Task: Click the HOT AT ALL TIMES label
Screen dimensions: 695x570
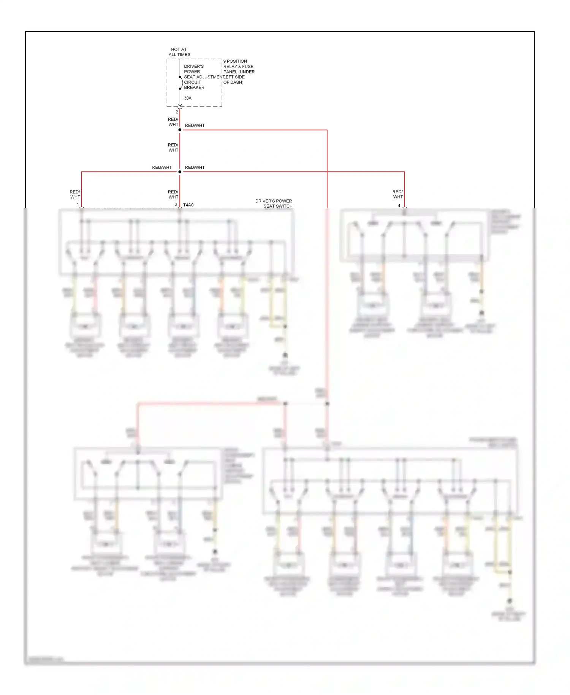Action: pos(179,52)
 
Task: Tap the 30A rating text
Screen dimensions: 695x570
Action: pos(188,98)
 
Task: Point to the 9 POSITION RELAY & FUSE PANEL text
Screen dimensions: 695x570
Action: pos(239,71)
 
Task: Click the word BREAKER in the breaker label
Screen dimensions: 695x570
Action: pos(194,87)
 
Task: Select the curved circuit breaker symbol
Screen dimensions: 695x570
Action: pos(181,83)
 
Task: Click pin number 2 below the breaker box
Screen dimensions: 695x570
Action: pos(177,112)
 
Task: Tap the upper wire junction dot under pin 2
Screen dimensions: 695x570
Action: pos(180,130)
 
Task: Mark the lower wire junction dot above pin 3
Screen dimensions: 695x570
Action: pos(180,172)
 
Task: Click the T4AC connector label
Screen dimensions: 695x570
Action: pos(188,205)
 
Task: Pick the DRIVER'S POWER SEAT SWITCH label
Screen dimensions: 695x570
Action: pos(274,203)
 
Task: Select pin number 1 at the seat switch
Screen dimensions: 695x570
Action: pos(78,205)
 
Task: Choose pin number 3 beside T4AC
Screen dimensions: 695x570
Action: pos(176,205)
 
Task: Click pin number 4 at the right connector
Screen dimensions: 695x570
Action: pos(399,205)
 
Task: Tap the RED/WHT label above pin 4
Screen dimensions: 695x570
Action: pos(397,194)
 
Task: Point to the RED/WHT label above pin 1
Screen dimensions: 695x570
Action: pos(75,194)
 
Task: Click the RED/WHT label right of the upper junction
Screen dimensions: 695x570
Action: pos(195,125)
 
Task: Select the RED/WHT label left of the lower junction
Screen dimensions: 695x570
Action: pos(162,167)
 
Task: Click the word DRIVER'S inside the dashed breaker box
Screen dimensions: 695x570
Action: pos(194,66)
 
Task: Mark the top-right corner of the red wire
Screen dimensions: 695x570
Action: pos(327,130)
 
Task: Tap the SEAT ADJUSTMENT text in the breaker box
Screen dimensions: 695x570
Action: pos(204,77)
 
